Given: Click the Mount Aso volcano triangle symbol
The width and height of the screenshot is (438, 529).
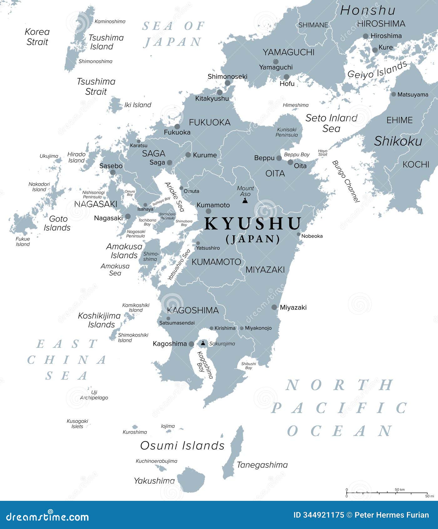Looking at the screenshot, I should click(245, 200).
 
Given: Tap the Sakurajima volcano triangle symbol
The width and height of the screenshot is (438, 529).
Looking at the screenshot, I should click(203, 343).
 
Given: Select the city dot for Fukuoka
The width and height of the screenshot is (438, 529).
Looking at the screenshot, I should click(177, 126).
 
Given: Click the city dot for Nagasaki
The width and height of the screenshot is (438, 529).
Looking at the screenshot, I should click(128, 216).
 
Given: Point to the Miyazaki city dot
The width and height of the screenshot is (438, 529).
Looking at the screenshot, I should click(274, 307).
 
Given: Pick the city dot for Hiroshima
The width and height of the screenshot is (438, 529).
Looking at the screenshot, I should click(365, 36).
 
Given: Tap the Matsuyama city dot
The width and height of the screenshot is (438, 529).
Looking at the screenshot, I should click(394, 94).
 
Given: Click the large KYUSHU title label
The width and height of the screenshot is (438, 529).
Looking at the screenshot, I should click(253, 223).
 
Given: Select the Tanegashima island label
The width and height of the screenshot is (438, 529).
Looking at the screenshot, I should click(262, 465).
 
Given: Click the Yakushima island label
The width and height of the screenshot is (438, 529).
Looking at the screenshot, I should click(154, 480).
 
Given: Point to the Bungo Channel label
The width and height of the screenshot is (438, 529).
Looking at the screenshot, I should click(346, 182).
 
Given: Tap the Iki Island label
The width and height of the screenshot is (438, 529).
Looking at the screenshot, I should click(138, 105).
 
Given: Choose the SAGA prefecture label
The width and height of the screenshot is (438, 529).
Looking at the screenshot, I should click(154, 153).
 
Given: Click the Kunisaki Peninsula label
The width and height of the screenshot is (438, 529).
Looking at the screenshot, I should click(287, 132).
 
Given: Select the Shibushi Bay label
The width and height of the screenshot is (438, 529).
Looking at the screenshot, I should click(248, 366).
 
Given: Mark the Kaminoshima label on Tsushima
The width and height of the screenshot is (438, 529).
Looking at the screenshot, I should click(110, 22).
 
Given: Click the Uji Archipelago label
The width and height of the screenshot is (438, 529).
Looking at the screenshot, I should click(94, 395).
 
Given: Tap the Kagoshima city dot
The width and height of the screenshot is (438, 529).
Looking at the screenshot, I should click(191, 344).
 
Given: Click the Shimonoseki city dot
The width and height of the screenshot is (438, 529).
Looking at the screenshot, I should click(227, 83).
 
